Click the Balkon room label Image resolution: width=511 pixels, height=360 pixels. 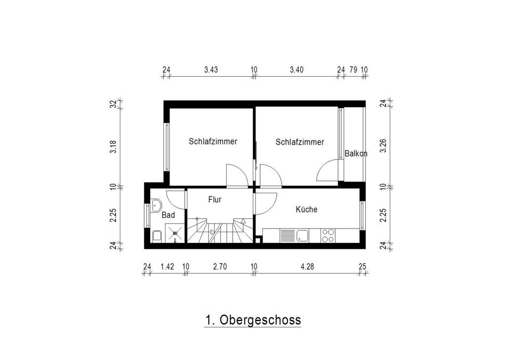coord(356,153)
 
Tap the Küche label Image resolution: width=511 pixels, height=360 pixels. coord(307,209)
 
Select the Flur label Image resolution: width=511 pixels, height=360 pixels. coord(215,199)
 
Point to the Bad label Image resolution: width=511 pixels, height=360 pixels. coord(168,215)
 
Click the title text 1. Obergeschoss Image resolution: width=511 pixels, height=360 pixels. coord(252,320)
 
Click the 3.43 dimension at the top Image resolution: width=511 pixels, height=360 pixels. coord(211,69)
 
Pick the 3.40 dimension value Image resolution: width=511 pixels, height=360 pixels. coord(296,69)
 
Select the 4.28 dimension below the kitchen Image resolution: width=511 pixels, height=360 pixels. coord(307,266)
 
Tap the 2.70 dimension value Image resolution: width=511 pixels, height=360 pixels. coord(220,266)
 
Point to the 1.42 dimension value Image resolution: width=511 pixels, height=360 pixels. coord(167,266)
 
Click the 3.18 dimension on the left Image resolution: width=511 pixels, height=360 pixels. coord(113,147)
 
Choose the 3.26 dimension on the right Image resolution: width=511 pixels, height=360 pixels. coord(383,145)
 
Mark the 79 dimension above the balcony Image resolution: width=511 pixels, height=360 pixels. coord(353,69)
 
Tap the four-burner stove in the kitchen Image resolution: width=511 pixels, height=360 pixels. coord(328,236)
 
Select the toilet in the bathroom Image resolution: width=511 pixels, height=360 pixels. coord(157,236)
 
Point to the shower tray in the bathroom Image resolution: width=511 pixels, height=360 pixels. coord(175,233)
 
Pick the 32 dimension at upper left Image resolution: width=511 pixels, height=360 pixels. coord(113,104)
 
